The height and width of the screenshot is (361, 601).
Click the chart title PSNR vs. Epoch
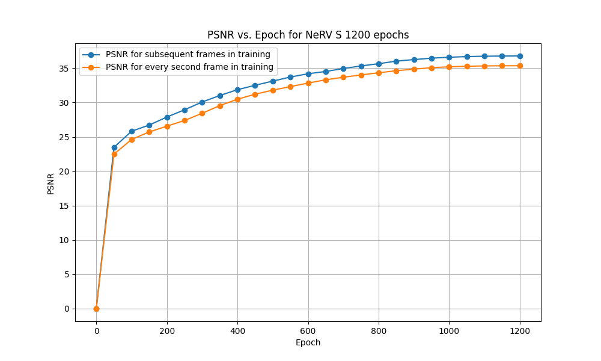[308, 35]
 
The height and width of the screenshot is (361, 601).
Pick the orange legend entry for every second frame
[189, 67]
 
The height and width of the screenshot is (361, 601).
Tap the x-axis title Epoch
[308, 342]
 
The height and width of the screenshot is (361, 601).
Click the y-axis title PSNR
[51, 183]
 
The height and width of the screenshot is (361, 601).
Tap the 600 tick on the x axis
[308, 330]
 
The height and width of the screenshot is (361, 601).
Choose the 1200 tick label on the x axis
[520, 330]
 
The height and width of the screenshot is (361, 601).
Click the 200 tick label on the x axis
[167, 330]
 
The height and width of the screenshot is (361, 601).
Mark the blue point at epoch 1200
[520, 56]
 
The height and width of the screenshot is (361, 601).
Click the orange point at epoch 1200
[520, 66]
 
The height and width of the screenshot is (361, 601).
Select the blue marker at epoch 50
[114, 147]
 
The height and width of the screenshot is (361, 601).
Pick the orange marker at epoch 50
[114, 154]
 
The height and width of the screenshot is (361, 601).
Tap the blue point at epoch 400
[237, 90]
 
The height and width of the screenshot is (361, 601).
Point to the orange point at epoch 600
[308, 83]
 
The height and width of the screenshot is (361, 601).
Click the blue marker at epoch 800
[379, 64]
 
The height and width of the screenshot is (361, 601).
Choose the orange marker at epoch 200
[167, 126]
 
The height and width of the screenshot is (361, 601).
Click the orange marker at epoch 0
[96, 309]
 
